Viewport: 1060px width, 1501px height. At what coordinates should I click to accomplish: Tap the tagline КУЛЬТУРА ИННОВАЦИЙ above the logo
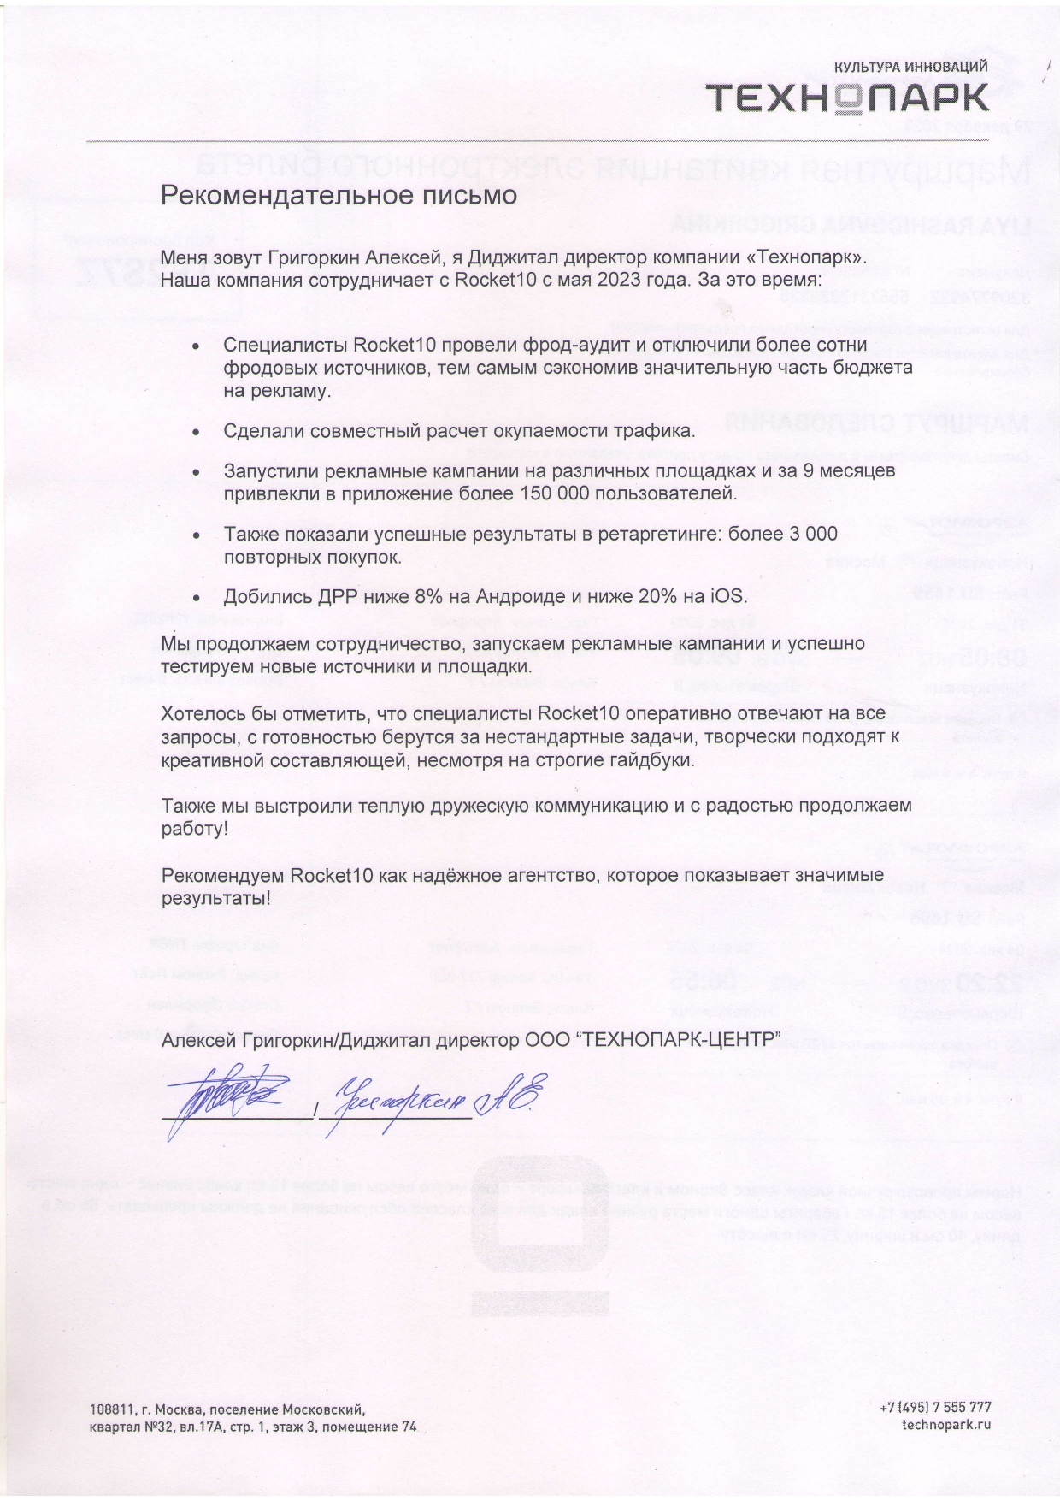click(x=910, y=67)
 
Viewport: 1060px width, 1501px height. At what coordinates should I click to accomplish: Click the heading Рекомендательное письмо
click(x=339, y=195)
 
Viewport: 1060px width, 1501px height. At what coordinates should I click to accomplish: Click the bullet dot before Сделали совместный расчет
click(x=197, y=433)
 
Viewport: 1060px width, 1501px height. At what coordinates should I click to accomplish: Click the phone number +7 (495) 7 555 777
click(x=935, y=1406)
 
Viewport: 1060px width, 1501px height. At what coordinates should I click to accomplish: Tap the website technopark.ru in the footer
click(x=946, y=1425)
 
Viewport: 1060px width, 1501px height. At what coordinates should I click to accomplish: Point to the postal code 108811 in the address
click(x=111, y=1409)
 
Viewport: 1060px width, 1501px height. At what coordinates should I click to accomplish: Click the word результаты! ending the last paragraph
click(x=216, y=899)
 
